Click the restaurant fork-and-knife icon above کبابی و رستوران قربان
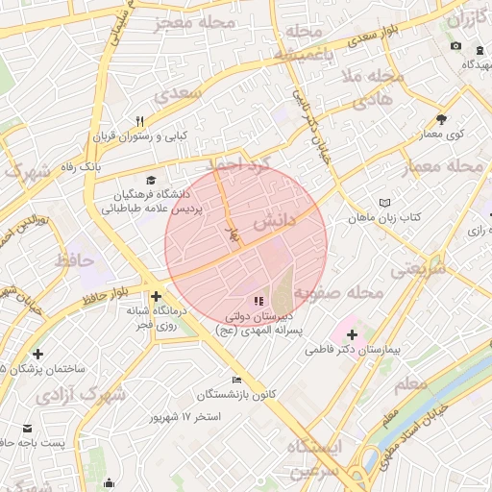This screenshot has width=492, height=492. coord(140,121)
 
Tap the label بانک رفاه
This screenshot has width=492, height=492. coord(103,166)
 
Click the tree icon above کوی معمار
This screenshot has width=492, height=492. coord(441,119)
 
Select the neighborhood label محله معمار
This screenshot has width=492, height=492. coord(451,166)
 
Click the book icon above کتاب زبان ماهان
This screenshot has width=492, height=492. coord(385,204)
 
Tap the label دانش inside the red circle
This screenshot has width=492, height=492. coord(272,222)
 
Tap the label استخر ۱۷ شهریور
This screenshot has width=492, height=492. coord(185,418)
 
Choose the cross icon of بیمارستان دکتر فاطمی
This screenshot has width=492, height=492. coord(351,335)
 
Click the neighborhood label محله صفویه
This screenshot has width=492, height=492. coord(338,291)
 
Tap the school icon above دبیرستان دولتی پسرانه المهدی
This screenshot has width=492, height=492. coord(257,301)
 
